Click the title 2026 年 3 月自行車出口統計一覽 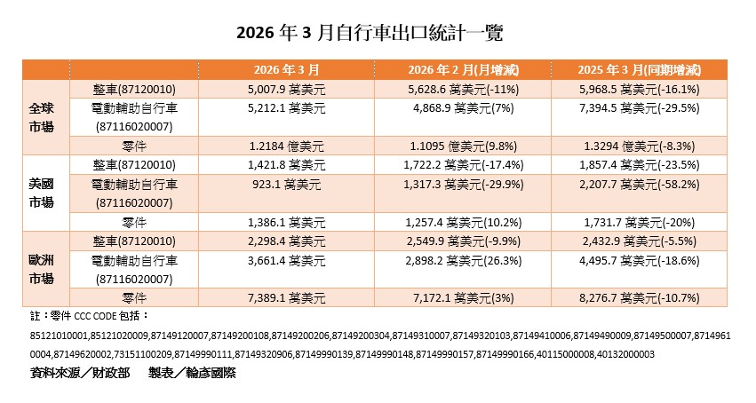(x=377, y=33)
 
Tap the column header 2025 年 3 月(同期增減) (x=639, y=69)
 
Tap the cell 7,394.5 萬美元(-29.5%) (x=639, y=108)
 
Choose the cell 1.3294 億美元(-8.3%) (x=639, y=146)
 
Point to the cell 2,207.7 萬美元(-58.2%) (x=639, y=185)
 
